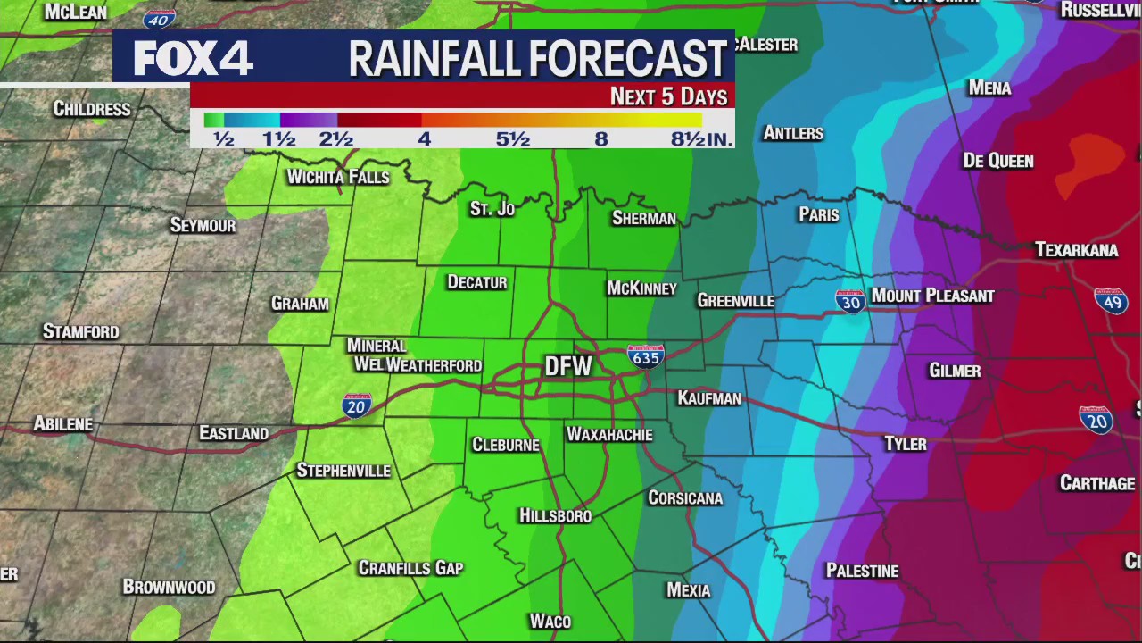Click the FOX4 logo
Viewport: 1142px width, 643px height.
click(x=194, y=59)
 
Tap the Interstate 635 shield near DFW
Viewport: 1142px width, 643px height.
click(x=645, y=356)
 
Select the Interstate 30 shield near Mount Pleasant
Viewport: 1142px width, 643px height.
click(x=850, y=301)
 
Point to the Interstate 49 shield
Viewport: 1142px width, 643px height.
click(x=1111, y=301)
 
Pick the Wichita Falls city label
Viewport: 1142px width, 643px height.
click(x=338, y=177)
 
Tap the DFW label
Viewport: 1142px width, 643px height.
click(x=568, y=366)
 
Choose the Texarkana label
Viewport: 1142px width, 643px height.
click(x=1076, y=250)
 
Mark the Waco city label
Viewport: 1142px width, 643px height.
click(x=550, y=621)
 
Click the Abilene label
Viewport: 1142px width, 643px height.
click(x=63, y=423)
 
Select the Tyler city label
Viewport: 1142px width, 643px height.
click(x=905, y=444)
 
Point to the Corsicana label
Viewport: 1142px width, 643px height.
click(x=685, y=497)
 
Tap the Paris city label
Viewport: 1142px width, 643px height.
click(x=819, y=214)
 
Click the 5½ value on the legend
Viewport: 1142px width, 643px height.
click(x=513, y=139)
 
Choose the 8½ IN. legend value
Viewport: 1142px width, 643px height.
click(x=701, y=139)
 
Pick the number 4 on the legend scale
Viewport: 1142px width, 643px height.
click(x=424, y=139)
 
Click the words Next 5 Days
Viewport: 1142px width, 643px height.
click(x=668, y=96)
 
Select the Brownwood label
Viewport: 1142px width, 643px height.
click(x=169, y=587)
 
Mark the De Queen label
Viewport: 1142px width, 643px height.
click(x=998, y=161)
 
